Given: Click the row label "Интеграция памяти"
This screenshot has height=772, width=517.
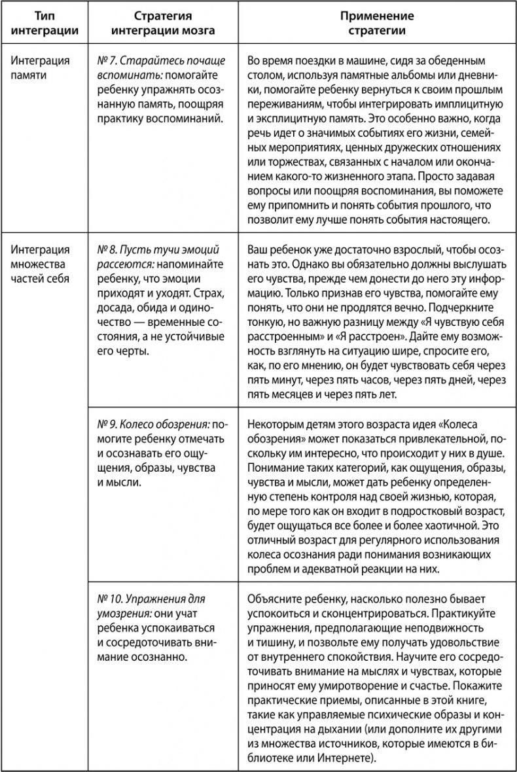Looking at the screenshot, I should (x=40, y=68).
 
